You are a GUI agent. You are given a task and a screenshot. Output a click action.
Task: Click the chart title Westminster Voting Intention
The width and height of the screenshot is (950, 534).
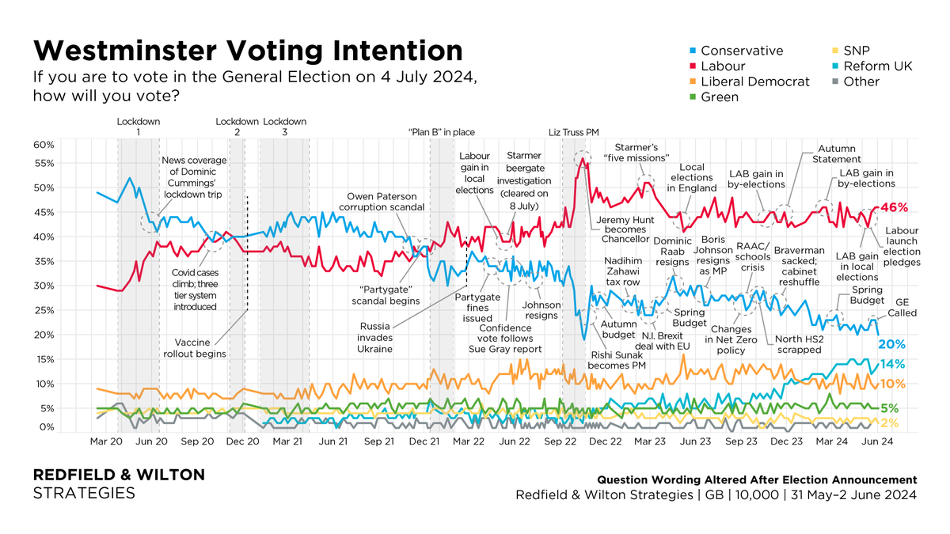pos(247,51)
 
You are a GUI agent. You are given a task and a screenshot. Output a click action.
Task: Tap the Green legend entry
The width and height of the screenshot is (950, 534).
pos(719,97)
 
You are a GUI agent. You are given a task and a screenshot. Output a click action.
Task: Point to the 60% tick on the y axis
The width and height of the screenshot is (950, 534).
pos(43,145)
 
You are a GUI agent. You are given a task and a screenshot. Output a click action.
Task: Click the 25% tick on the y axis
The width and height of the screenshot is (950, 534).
pos(43,310)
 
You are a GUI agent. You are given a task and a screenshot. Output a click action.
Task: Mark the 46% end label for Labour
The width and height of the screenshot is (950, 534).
pos(894,207)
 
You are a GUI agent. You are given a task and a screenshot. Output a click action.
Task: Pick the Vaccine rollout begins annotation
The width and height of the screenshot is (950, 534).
pos(195,348)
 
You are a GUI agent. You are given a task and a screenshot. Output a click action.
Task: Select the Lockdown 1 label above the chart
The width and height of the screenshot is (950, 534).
pos(139,127)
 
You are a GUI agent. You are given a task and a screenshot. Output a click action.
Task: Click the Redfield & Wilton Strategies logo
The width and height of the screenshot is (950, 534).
pos(118,483)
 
